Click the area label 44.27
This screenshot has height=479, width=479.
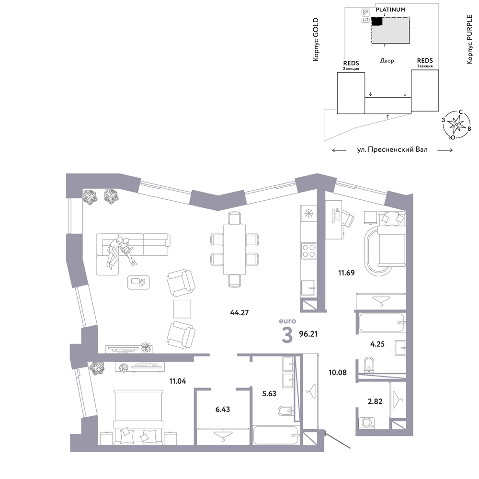239,312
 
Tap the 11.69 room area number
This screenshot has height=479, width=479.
346,273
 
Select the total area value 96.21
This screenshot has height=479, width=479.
308,334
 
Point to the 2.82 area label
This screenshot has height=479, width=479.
375,401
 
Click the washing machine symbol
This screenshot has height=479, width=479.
366,422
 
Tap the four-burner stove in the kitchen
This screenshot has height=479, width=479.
308,251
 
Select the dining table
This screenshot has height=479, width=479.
234,249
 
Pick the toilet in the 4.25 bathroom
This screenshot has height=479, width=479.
369,365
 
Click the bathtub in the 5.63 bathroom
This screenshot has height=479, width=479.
276,435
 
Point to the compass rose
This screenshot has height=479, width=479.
456,125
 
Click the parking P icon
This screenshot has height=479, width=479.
365,12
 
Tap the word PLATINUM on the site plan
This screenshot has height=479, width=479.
390,10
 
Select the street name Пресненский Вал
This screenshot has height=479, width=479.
398,149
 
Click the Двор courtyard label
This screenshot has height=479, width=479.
387,60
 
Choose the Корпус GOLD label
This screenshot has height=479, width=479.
316,39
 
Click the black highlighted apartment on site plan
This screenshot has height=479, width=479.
377,21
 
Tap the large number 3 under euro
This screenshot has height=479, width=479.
287,335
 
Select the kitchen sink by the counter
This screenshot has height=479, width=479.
308,288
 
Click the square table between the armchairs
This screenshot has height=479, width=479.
182,309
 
